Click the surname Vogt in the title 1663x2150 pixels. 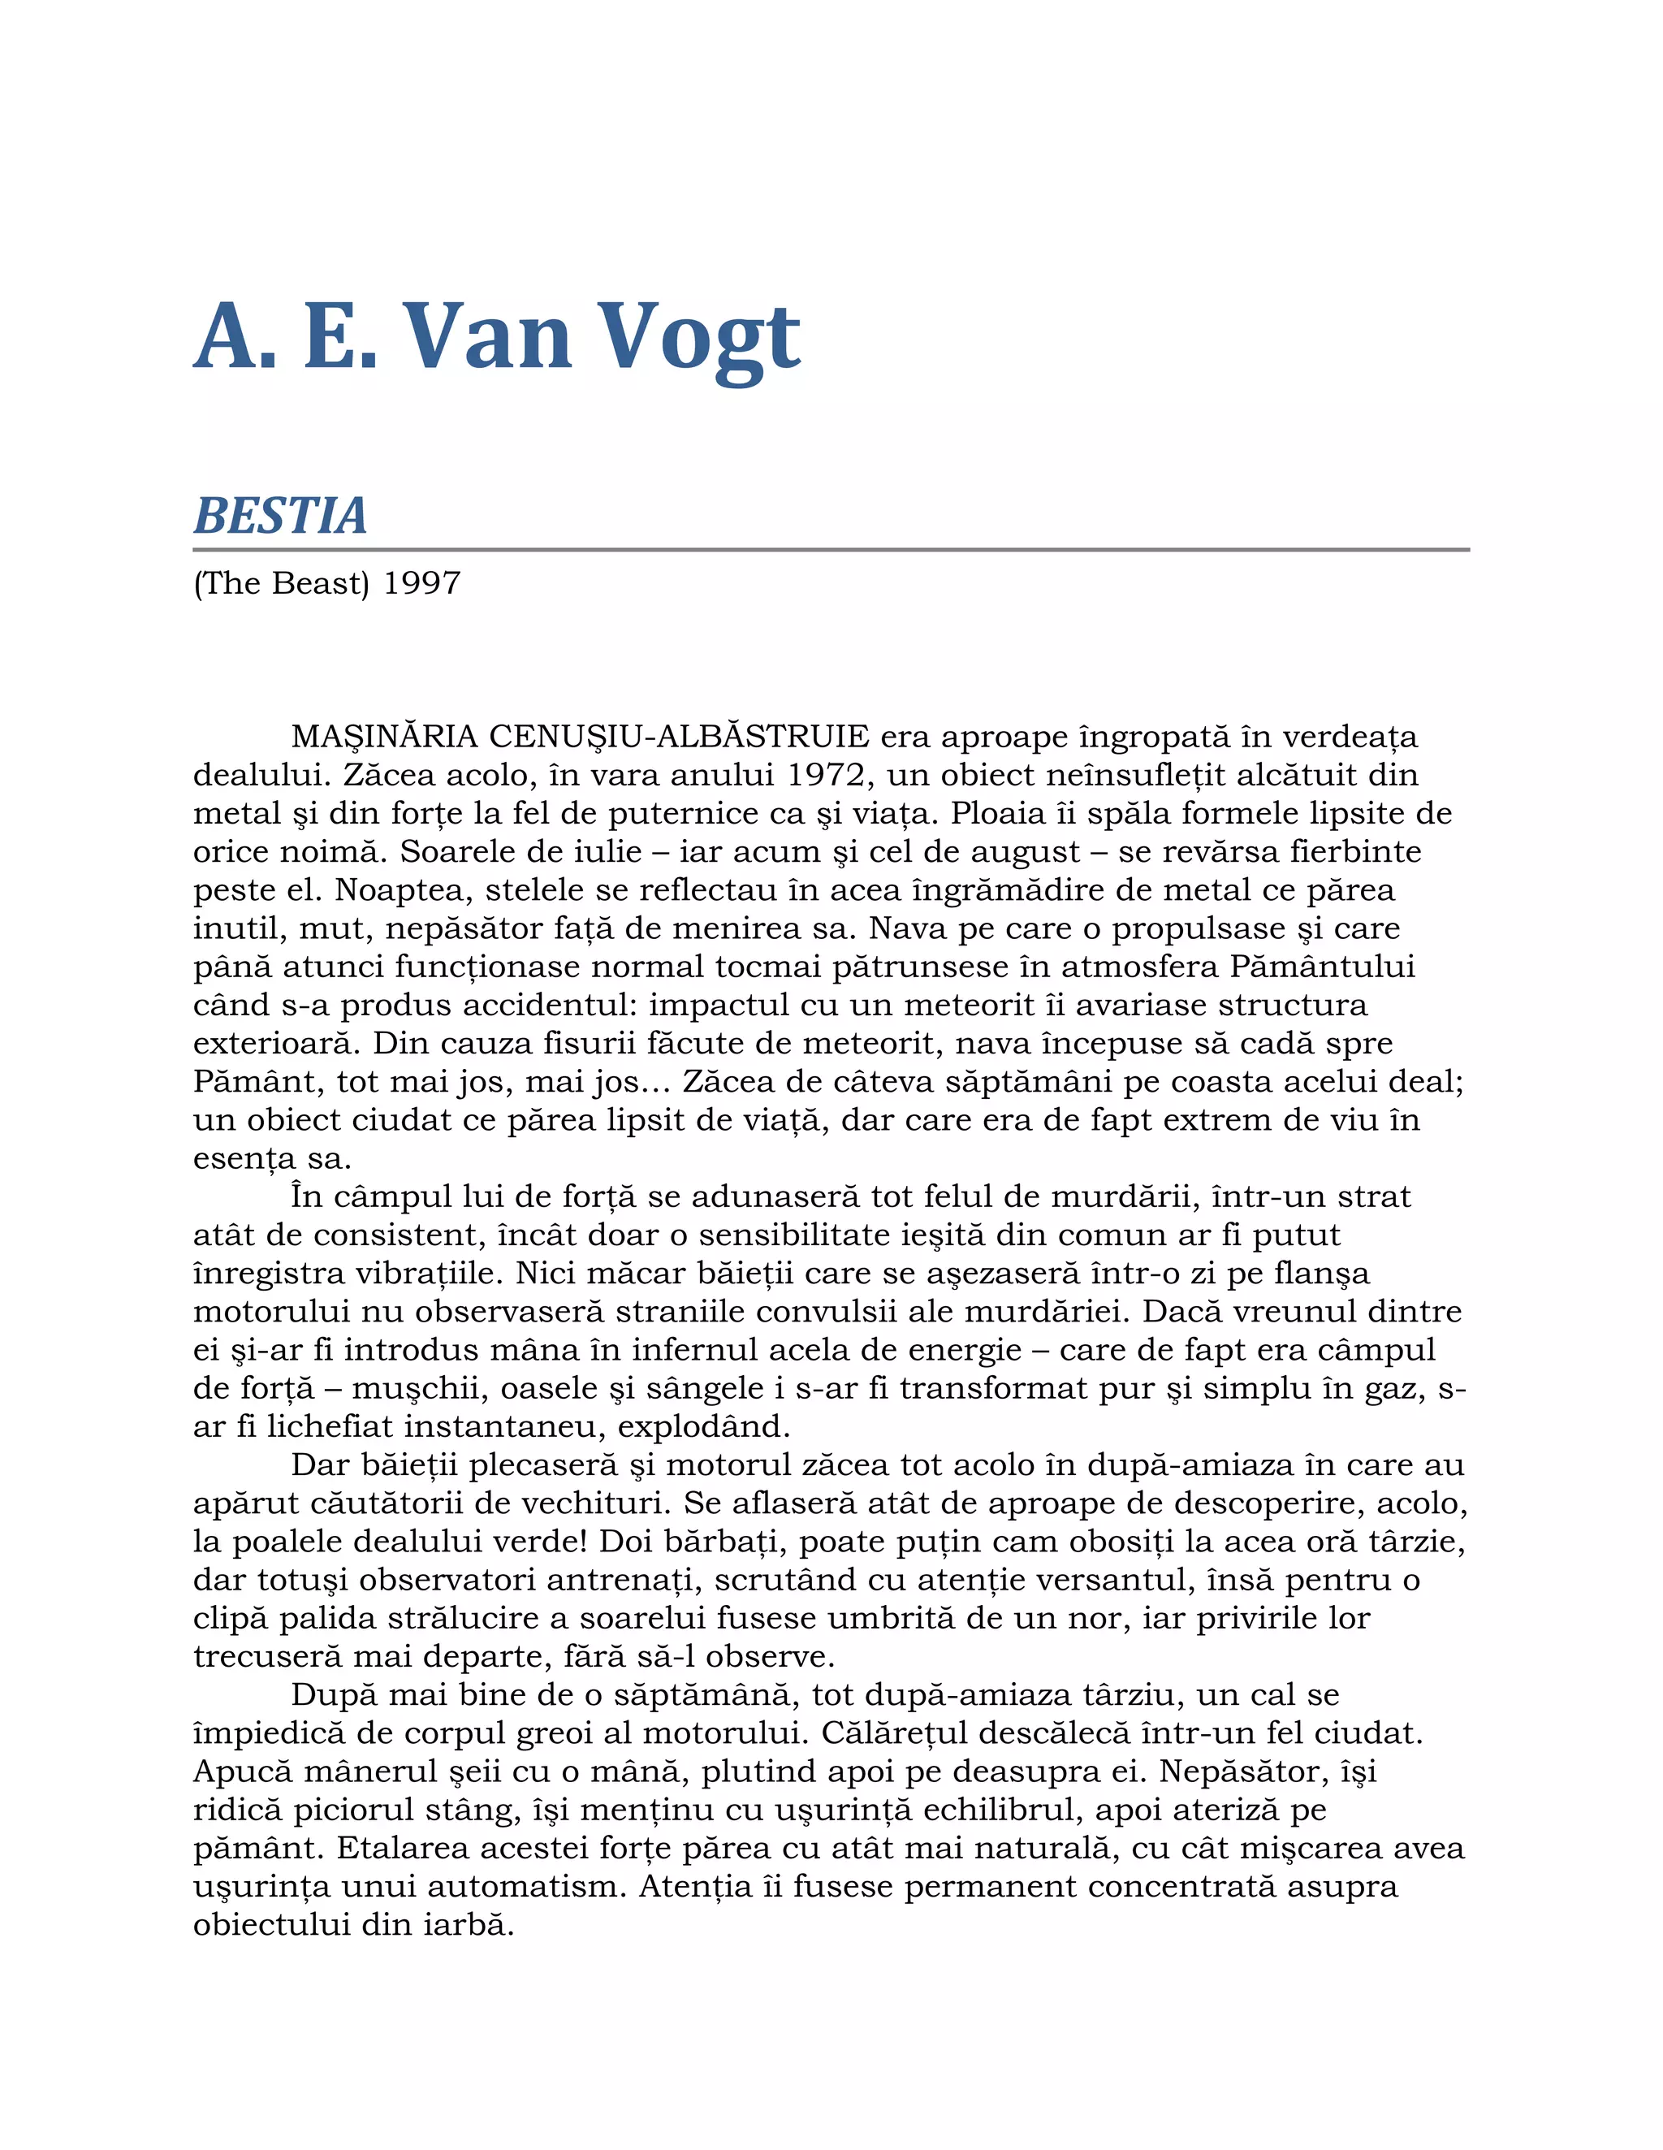point(700,337)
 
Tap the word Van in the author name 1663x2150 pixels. point(488,337)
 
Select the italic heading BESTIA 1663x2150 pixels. point(280,516)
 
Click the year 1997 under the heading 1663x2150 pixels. point(421,583)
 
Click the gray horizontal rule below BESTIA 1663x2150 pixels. point(831,549)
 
